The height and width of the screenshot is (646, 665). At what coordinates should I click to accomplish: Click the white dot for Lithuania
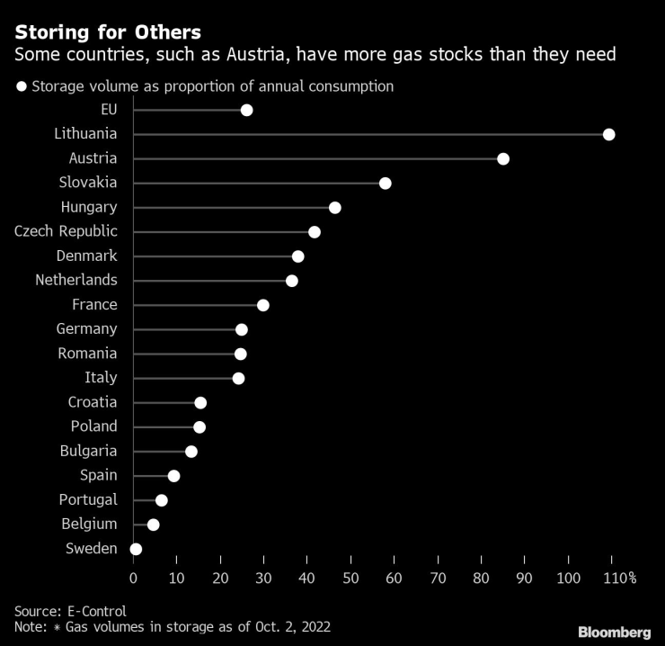(x=608, y=134)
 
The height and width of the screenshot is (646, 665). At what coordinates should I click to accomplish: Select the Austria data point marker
(x=503, y=159)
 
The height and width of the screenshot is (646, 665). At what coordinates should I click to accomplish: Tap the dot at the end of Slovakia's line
(x=386, y=184)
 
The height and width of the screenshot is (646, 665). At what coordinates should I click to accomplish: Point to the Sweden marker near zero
(x=136, y=549)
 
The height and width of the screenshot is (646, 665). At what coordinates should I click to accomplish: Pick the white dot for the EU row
(x=246, y=110)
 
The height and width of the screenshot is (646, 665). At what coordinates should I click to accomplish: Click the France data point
(x=263, y=305)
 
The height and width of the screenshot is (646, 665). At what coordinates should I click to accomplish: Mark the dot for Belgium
(x=153, y=525)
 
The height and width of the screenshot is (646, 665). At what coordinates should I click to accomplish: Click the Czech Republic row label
(x=66, y=231)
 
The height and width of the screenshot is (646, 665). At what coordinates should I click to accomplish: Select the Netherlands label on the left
(x=76, y=280)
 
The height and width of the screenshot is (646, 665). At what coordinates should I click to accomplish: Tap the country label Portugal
(x=88, y=499)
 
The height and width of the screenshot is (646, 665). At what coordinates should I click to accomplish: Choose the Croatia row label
(x=93, y=402)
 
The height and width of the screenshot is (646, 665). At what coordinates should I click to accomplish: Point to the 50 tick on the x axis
(x=350, y=578)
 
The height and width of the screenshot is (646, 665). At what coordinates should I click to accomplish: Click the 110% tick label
(x=619, y=578)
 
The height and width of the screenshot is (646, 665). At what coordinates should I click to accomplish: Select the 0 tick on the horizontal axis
(x=134, y=578)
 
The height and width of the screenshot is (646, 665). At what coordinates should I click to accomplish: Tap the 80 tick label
(x=481, y=578)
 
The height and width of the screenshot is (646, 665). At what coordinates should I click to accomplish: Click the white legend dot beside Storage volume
(x=21, y=87)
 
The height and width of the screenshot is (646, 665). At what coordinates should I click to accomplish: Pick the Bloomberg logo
(x=614, y=633)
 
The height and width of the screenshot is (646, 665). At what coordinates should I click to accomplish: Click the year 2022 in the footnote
(x=313, y=626)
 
